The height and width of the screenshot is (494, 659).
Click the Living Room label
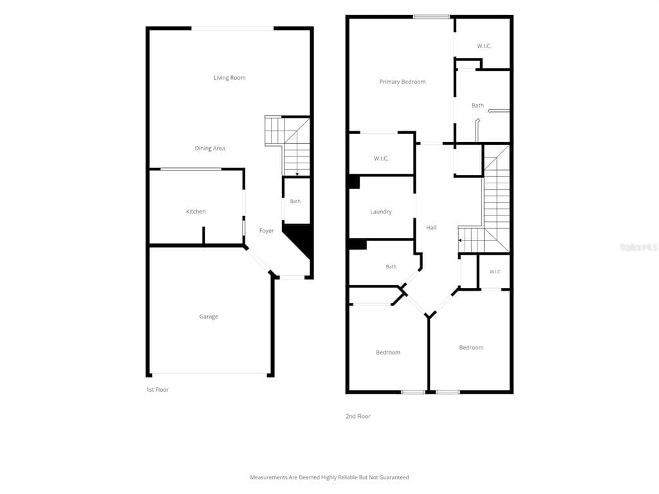(x=230, y=78)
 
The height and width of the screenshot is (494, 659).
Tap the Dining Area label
(x=210, y=149)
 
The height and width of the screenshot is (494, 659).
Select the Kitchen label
(x=196, y=212)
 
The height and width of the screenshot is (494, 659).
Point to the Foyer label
(x=266, y=231)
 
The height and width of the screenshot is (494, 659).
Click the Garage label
(x=209, y=316)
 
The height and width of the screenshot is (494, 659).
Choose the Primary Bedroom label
(x=402, y=82)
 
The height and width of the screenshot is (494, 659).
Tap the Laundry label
(x=381, y=212)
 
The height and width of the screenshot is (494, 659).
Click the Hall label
(x=431, y=228)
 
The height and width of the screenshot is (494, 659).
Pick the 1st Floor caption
(x=157, y=390)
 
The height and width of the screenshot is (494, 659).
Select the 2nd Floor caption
(x=358, y=416)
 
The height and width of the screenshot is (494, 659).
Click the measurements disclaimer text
(x=329, y=477)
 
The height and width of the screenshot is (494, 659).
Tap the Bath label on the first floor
(x=295, y=201)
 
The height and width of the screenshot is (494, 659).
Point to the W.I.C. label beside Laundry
(x=381, y=158)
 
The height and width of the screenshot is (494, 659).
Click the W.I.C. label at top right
(x=484, y=46)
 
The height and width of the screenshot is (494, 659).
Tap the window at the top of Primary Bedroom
(x=431, y=17)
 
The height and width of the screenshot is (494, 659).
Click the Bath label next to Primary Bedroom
(x=478, y=106)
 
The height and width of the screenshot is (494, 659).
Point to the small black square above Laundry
(x=355, y=182)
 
